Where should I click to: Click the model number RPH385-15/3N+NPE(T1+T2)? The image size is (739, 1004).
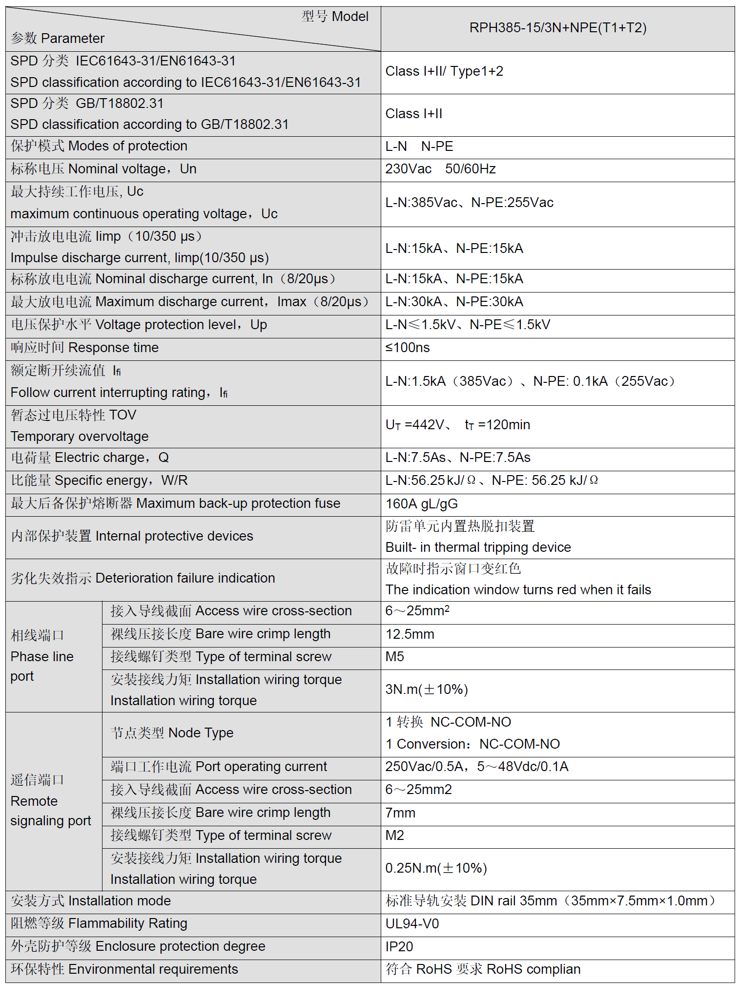point(557,28)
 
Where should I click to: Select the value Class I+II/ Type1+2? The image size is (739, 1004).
point(444,71)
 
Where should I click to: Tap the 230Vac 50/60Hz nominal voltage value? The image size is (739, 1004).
point(440,169)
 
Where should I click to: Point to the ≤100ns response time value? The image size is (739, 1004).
point(408,348)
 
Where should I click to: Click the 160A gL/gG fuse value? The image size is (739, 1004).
point(421,503)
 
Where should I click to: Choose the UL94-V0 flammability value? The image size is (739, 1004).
point(412,923)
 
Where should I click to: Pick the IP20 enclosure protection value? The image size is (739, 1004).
point(399,946)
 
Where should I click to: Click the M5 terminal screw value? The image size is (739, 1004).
point(394,657)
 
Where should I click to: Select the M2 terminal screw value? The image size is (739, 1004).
point(394,836)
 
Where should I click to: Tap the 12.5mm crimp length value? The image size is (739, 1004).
point(410,634)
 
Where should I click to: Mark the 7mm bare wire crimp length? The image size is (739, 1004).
point(400,813)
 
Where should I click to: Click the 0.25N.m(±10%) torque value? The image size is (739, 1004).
point(436,868)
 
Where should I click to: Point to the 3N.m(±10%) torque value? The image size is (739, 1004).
point(426,690)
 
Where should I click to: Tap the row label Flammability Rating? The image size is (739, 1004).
point(127,923)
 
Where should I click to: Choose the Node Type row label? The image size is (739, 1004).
point(200,733)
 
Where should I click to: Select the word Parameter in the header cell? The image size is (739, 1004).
point(72,39)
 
